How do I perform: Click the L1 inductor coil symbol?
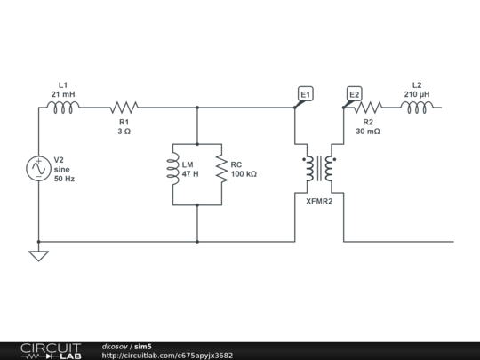tap(62, 108)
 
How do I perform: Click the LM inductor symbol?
tap(172, 169)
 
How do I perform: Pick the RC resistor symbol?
tap(220, 169)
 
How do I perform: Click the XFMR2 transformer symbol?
tap(319, 169)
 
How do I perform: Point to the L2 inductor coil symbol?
tap(417, 108)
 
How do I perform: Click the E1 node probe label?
tap(306, 94)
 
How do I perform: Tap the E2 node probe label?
tap(354, 94)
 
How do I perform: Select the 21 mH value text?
tap(62, 94)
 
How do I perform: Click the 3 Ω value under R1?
tap(124, 131)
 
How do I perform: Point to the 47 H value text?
tap(190, 174)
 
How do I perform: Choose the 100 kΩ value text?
tap(244, 174)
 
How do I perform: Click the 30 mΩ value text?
tap(367, 131)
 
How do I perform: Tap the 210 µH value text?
tap(418, 93)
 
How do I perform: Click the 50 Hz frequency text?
tap(65, 179)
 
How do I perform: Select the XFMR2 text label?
tap(319, 202)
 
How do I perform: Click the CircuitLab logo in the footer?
tap(51, 350)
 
